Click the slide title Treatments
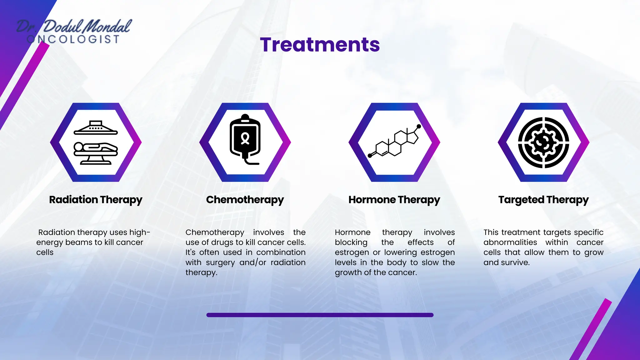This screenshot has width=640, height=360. click(320, 45)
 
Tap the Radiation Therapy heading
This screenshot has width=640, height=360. click(96, 200)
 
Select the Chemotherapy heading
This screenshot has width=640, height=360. click(245, 200)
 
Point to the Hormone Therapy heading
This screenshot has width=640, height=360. click(394, 200)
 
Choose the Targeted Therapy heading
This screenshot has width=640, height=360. click(543, 200)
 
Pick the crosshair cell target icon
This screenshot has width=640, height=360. click(543, 142)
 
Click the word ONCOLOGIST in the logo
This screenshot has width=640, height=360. click(73, 39)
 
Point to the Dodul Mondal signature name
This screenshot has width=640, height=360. click(87, 26)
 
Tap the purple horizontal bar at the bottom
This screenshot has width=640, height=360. click(320, 315)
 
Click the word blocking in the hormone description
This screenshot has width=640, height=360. click(351, 242)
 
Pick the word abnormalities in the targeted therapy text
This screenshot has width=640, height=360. click(510, 242)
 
